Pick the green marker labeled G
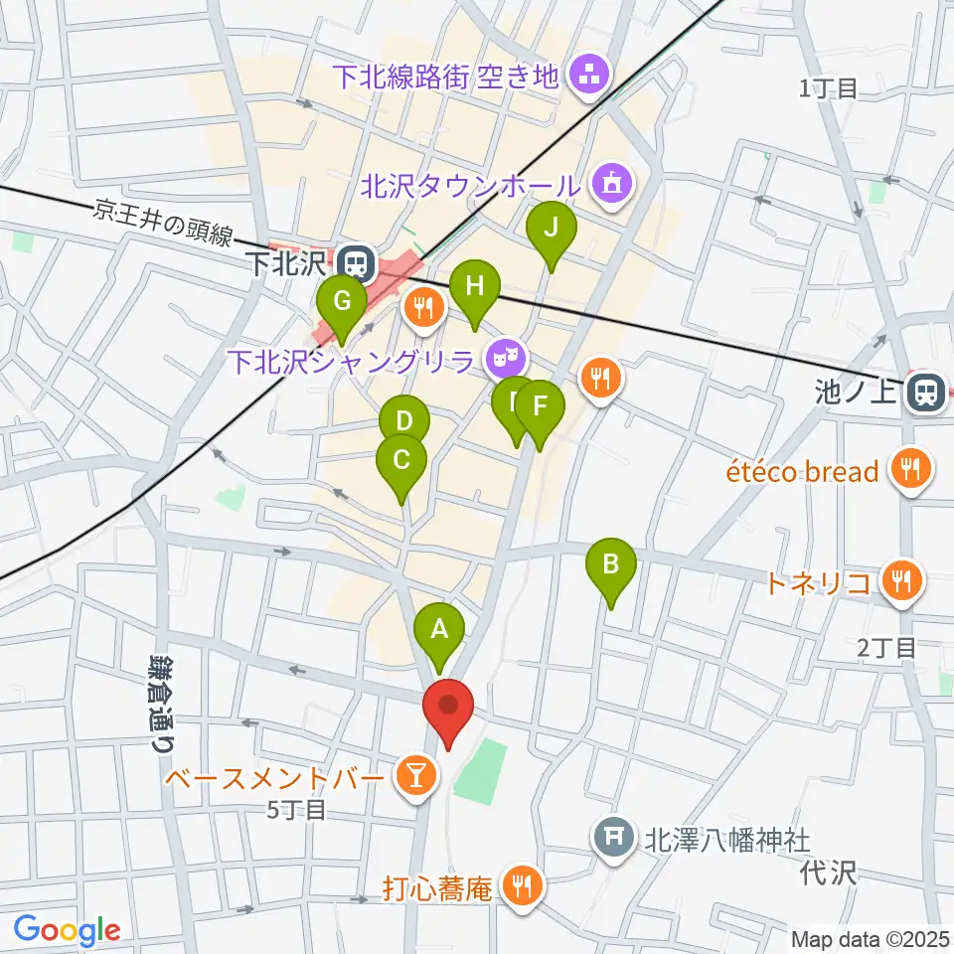[x=340, y=300]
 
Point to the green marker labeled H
[x=474, y=288]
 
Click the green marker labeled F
[x=540, y=406]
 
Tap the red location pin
[x=448, y=707]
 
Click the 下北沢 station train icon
[x=353, y=263]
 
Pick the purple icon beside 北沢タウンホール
[x=608, y=184]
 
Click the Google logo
[x=67, y=930]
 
